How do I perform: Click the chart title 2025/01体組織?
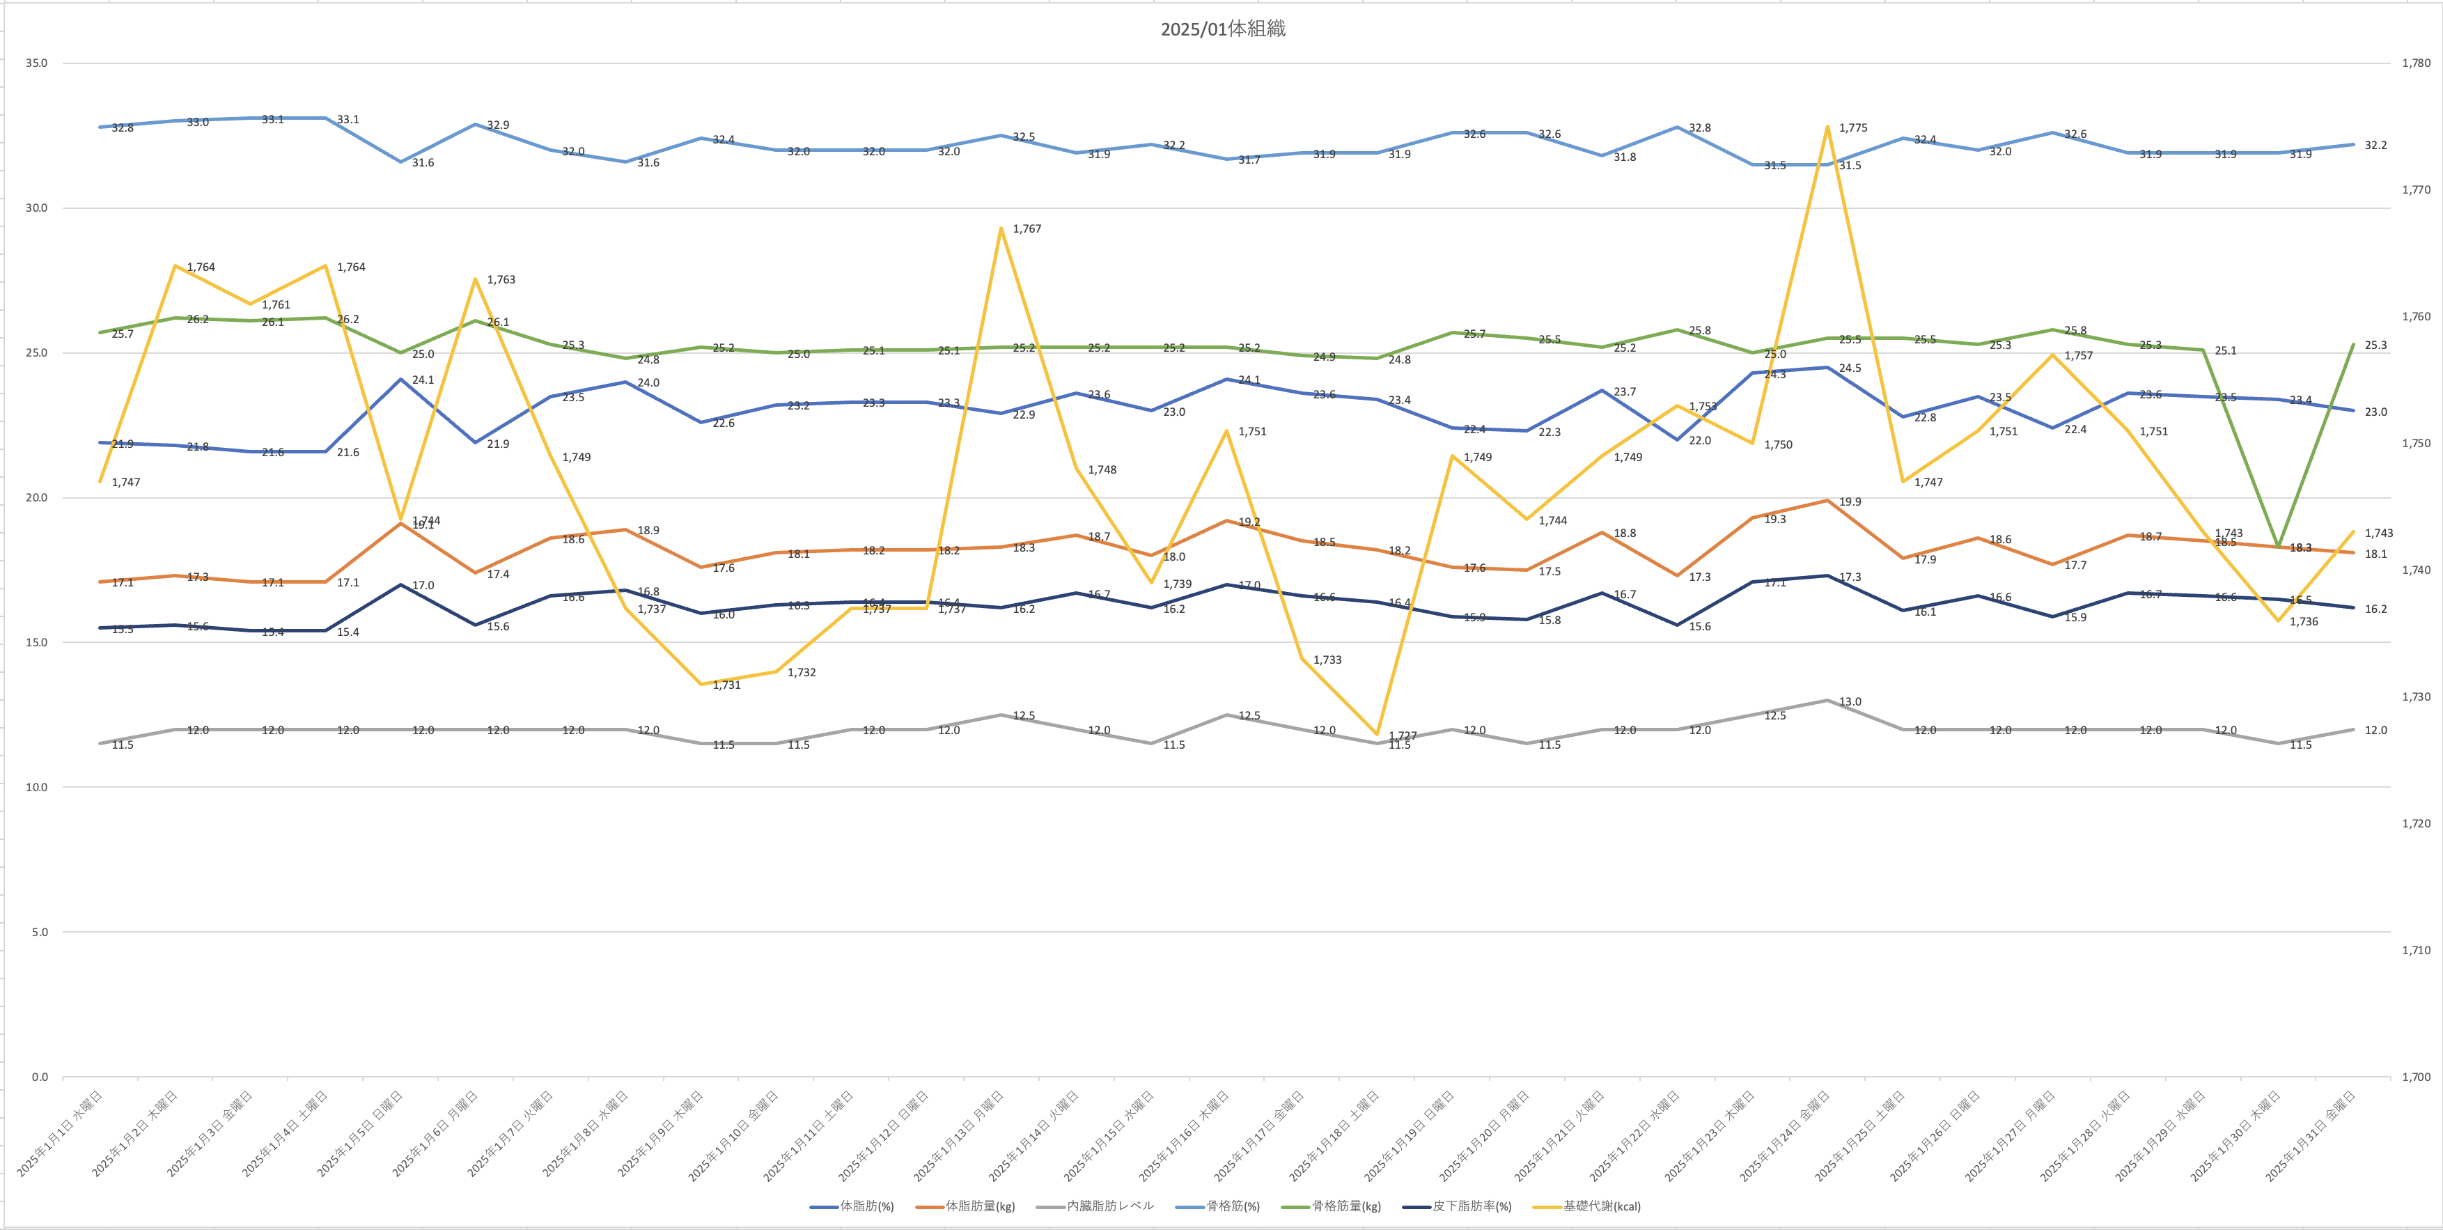point(1222,29)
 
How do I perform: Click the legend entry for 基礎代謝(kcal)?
point(1601,1206)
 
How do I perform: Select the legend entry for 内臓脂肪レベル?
point(1109,1206)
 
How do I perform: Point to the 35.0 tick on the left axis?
point(36,63)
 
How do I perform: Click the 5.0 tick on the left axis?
point(39,932)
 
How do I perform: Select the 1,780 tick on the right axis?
point(2416,63)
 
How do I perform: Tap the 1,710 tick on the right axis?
point(2416,950)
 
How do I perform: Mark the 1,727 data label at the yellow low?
point(1403,736)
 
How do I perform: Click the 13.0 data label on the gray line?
point(1850,702)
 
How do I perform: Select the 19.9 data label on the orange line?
point(1850,501)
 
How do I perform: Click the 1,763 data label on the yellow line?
point(501,280)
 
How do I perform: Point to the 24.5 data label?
point(1850,368)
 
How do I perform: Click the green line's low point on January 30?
point(2277,546)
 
